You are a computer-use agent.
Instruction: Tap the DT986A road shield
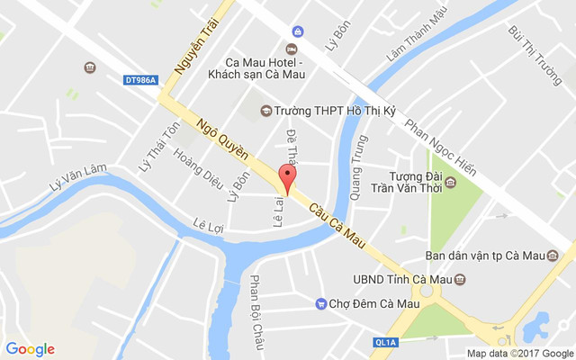(x=140, y=80)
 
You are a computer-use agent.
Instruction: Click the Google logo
(x=30, y=349)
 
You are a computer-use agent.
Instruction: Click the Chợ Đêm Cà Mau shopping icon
(x=320, y=304)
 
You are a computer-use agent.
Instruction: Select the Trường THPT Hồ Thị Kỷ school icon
(x=265, y=111)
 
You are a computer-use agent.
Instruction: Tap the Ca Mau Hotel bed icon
(x=291, y=48)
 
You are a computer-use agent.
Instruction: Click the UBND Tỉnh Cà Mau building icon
(x=460, y=279)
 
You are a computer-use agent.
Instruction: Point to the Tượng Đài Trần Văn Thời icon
(x=451, y=184)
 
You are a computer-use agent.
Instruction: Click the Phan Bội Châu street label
(x=258, y=305)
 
